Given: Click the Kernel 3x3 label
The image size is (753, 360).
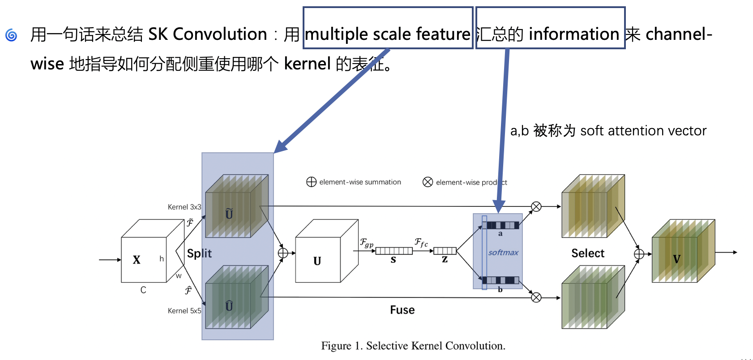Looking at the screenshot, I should point(184,207).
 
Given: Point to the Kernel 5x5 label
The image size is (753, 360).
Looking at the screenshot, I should point(184,311).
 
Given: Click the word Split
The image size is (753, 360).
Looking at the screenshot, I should point(199,253).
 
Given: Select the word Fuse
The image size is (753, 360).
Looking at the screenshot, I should point(402,310).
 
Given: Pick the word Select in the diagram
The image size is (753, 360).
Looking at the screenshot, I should point(588,253).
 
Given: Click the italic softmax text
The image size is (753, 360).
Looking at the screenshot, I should point(503,253).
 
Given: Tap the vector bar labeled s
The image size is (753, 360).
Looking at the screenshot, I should point(394,251).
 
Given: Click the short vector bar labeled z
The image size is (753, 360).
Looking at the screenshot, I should point(445,251).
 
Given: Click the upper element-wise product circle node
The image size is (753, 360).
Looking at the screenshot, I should point(536,206).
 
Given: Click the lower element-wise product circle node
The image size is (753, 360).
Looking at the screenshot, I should point(536,297).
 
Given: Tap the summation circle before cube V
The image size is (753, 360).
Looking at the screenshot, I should point(639,254).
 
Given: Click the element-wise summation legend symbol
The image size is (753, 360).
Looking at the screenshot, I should point(311,182).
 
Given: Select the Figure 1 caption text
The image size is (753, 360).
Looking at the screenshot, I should point(413,346).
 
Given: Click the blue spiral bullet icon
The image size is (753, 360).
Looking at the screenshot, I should point(11,35).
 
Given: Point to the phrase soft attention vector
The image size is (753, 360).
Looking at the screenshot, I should point(643,131).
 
